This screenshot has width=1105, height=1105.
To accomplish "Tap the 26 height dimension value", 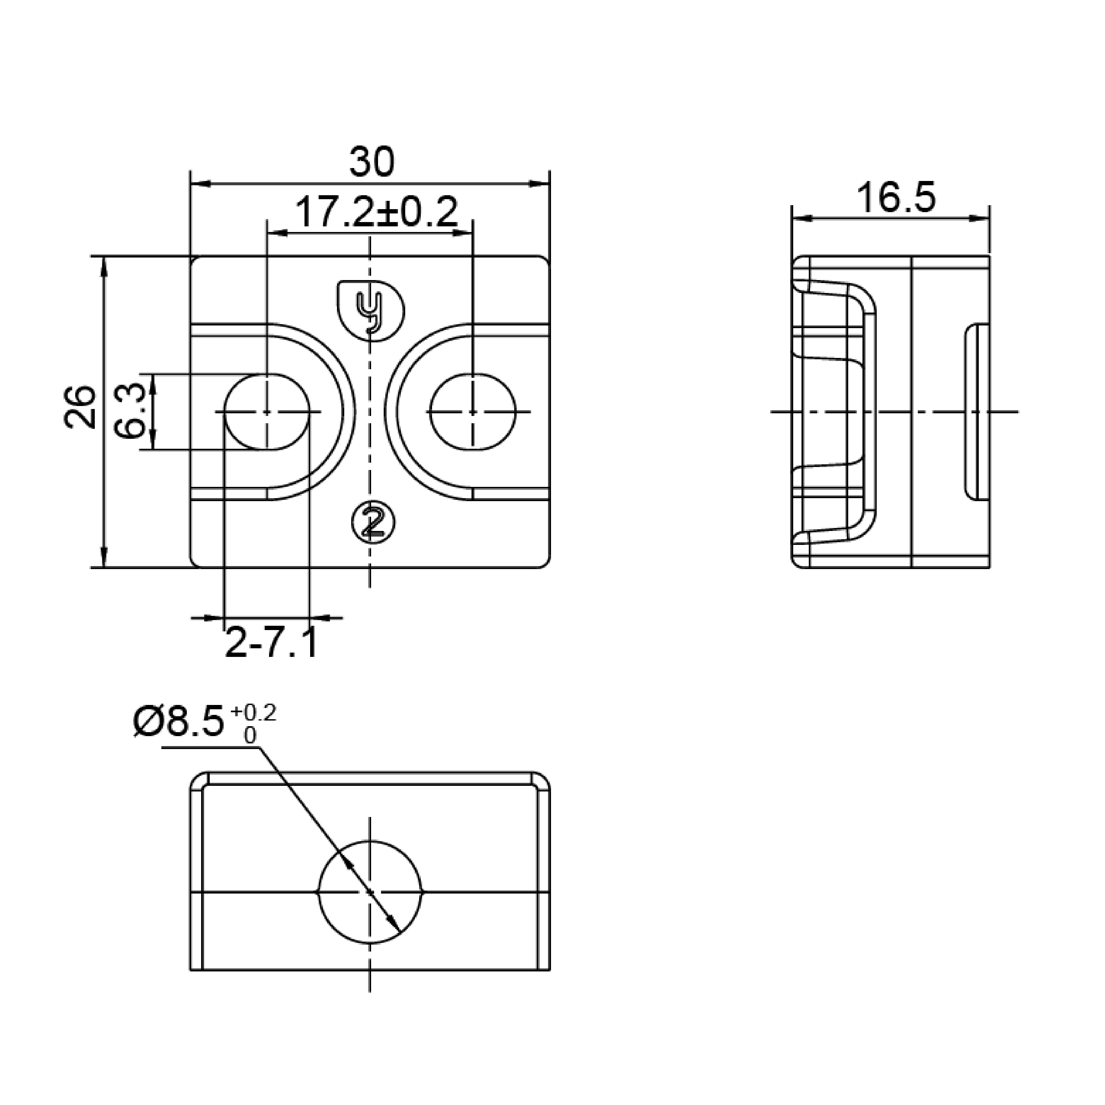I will [80, 407].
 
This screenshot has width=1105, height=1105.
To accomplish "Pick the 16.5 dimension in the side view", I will [896, 198].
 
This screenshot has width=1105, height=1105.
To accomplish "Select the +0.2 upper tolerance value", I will [253, 713].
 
